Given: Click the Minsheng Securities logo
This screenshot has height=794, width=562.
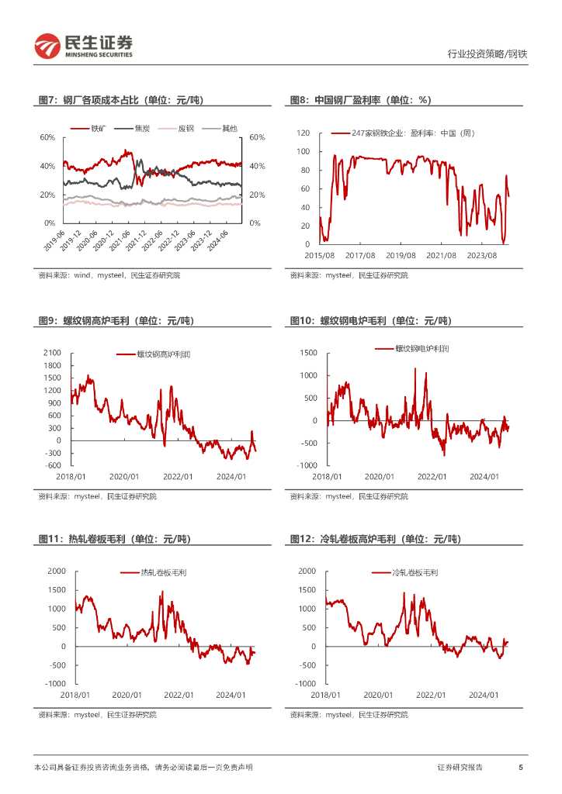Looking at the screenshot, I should pyautogui.click(x=84, y=46).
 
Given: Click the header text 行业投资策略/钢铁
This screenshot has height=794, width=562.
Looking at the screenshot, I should pyautogui.click(x=487, y=54).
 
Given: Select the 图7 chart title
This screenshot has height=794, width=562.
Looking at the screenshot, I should pyautogui.click(x=120, y=100).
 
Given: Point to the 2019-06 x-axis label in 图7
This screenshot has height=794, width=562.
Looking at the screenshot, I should pyautogui.click(x=54, y=236).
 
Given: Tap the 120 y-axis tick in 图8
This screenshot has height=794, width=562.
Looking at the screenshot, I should pyautogui.click(x=303, y=133).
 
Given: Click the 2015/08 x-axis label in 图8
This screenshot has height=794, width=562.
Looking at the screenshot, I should pyautogui.click(x=319, y=255).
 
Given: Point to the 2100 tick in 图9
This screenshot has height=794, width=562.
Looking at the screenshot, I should pyautogui.click(x=53, y=353).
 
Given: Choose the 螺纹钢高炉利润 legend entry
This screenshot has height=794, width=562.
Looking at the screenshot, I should pyautogui.click(x=164, y=354).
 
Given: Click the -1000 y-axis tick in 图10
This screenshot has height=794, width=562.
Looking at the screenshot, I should pyautogui.click(x=305, y=465).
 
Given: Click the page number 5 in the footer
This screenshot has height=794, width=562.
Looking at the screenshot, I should pyautogui.click(x=520, y=768).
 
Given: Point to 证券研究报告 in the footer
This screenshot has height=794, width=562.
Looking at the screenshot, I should pyautogui.click(x=460, y=768).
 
